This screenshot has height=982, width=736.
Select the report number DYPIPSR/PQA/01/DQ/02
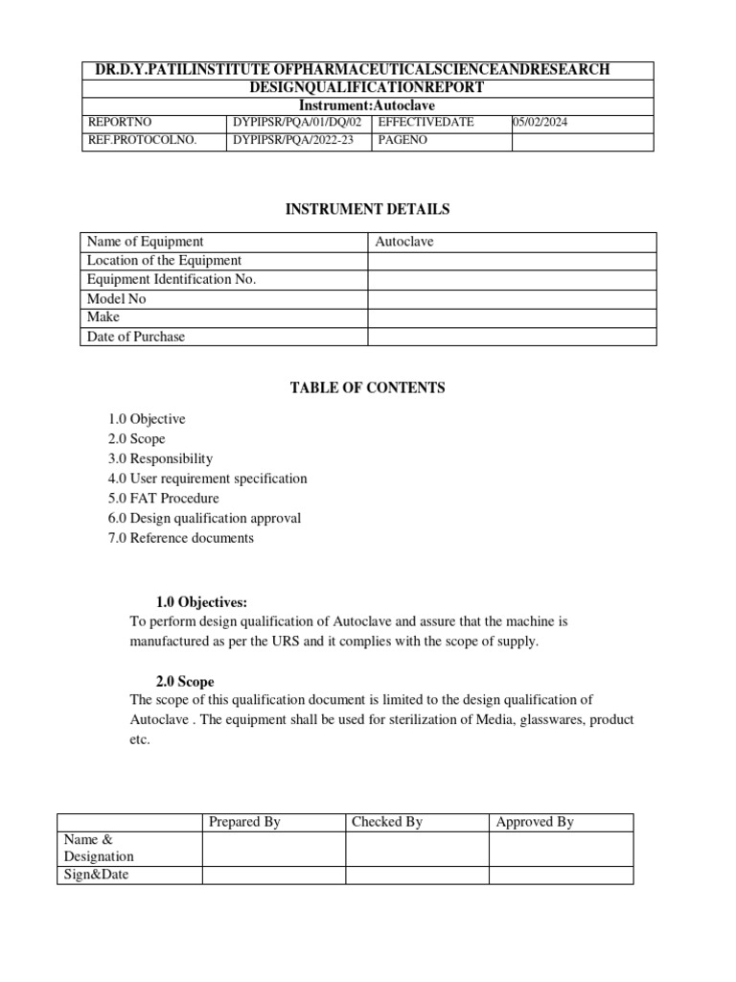(297, 123)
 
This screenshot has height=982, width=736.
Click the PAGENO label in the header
(404, 141)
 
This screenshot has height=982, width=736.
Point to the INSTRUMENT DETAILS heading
(367, 209)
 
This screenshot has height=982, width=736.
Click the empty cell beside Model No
(512, 298)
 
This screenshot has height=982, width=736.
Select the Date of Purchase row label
(136, 337)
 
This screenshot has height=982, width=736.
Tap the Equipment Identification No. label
(172, 279)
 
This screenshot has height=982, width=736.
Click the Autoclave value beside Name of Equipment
(404, 242)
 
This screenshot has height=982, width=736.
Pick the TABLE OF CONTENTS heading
(367, 387)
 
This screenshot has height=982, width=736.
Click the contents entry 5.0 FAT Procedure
(163, 499)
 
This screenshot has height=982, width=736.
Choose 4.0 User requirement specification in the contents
(208, 479)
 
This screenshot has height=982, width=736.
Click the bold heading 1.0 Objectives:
(201, 602)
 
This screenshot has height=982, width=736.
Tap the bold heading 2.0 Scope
(186, 681)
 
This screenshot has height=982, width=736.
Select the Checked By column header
(387, 822)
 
